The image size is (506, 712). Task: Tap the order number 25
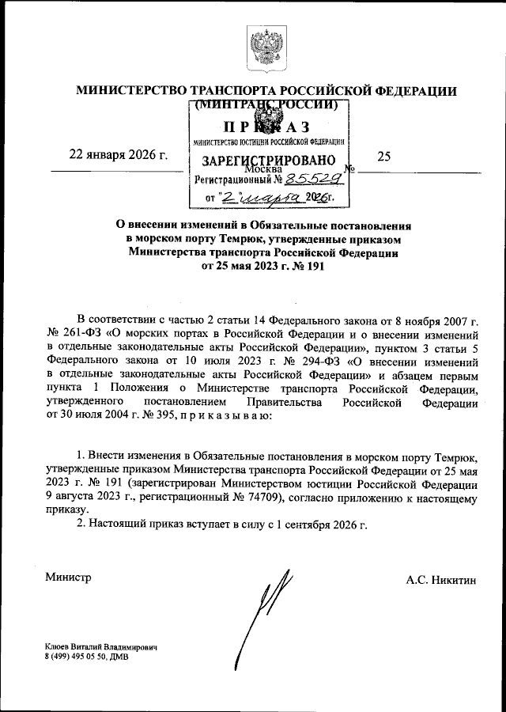(x=385, y=157)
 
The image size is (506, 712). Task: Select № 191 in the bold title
(x=304, y=267)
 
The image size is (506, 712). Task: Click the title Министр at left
(x=68, y=577)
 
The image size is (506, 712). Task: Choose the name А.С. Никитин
(x=442, y=580)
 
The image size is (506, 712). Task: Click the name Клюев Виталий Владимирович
(x=102, y=647)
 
